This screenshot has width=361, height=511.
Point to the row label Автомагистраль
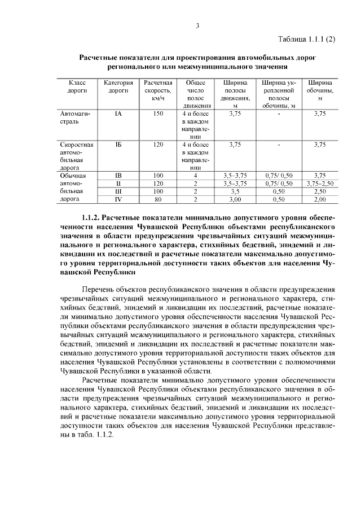pos(71,117)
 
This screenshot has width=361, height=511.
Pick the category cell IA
pos(118,113)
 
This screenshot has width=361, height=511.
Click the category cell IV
pos(118,199)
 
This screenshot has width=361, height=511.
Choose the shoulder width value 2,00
pos(320,199)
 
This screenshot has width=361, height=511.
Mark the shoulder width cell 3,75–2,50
pos(320,184)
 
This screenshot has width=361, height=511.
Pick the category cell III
pos(118,191)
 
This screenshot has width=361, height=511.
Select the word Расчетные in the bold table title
pos(100,58)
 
